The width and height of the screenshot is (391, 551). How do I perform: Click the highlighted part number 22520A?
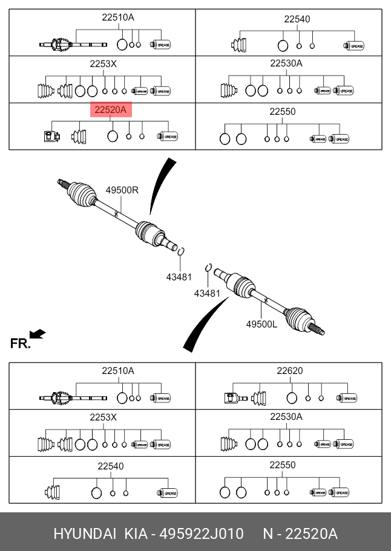(x=110, y=110)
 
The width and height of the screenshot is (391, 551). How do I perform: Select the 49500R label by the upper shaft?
(x=122, y=190)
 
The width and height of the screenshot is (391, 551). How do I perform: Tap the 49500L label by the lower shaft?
(x=261, y=324)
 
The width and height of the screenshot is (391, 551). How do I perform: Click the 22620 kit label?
(x=290, y=371)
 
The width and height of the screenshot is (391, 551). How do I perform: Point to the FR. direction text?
(x=20, y=344)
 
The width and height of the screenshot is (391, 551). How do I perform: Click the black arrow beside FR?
(x=38, y=333)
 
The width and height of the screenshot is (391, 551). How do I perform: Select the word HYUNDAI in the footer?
(x=85, y=534)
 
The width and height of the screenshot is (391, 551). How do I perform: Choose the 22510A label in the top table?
(x=117, y=18)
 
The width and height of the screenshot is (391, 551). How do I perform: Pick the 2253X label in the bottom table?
(x=103, y=417)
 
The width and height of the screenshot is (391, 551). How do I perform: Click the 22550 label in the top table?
(x=282, y=112)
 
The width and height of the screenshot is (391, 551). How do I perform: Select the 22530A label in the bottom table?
(x=286, y=417)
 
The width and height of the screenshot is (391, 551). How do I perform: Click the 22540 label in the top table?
(x=297, y=19)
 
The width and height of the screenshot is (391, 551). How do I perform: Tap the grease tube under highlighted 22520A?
(x=168, y=137)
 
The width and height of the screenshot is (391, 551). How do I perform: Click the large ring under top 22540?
(x=282, y=45)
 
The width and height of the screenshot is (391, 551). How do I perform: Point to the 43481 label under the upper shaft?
(x=179, y=277)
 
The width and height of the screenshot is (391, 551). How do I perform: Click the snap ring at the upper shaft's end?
(x=181, y=251)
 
